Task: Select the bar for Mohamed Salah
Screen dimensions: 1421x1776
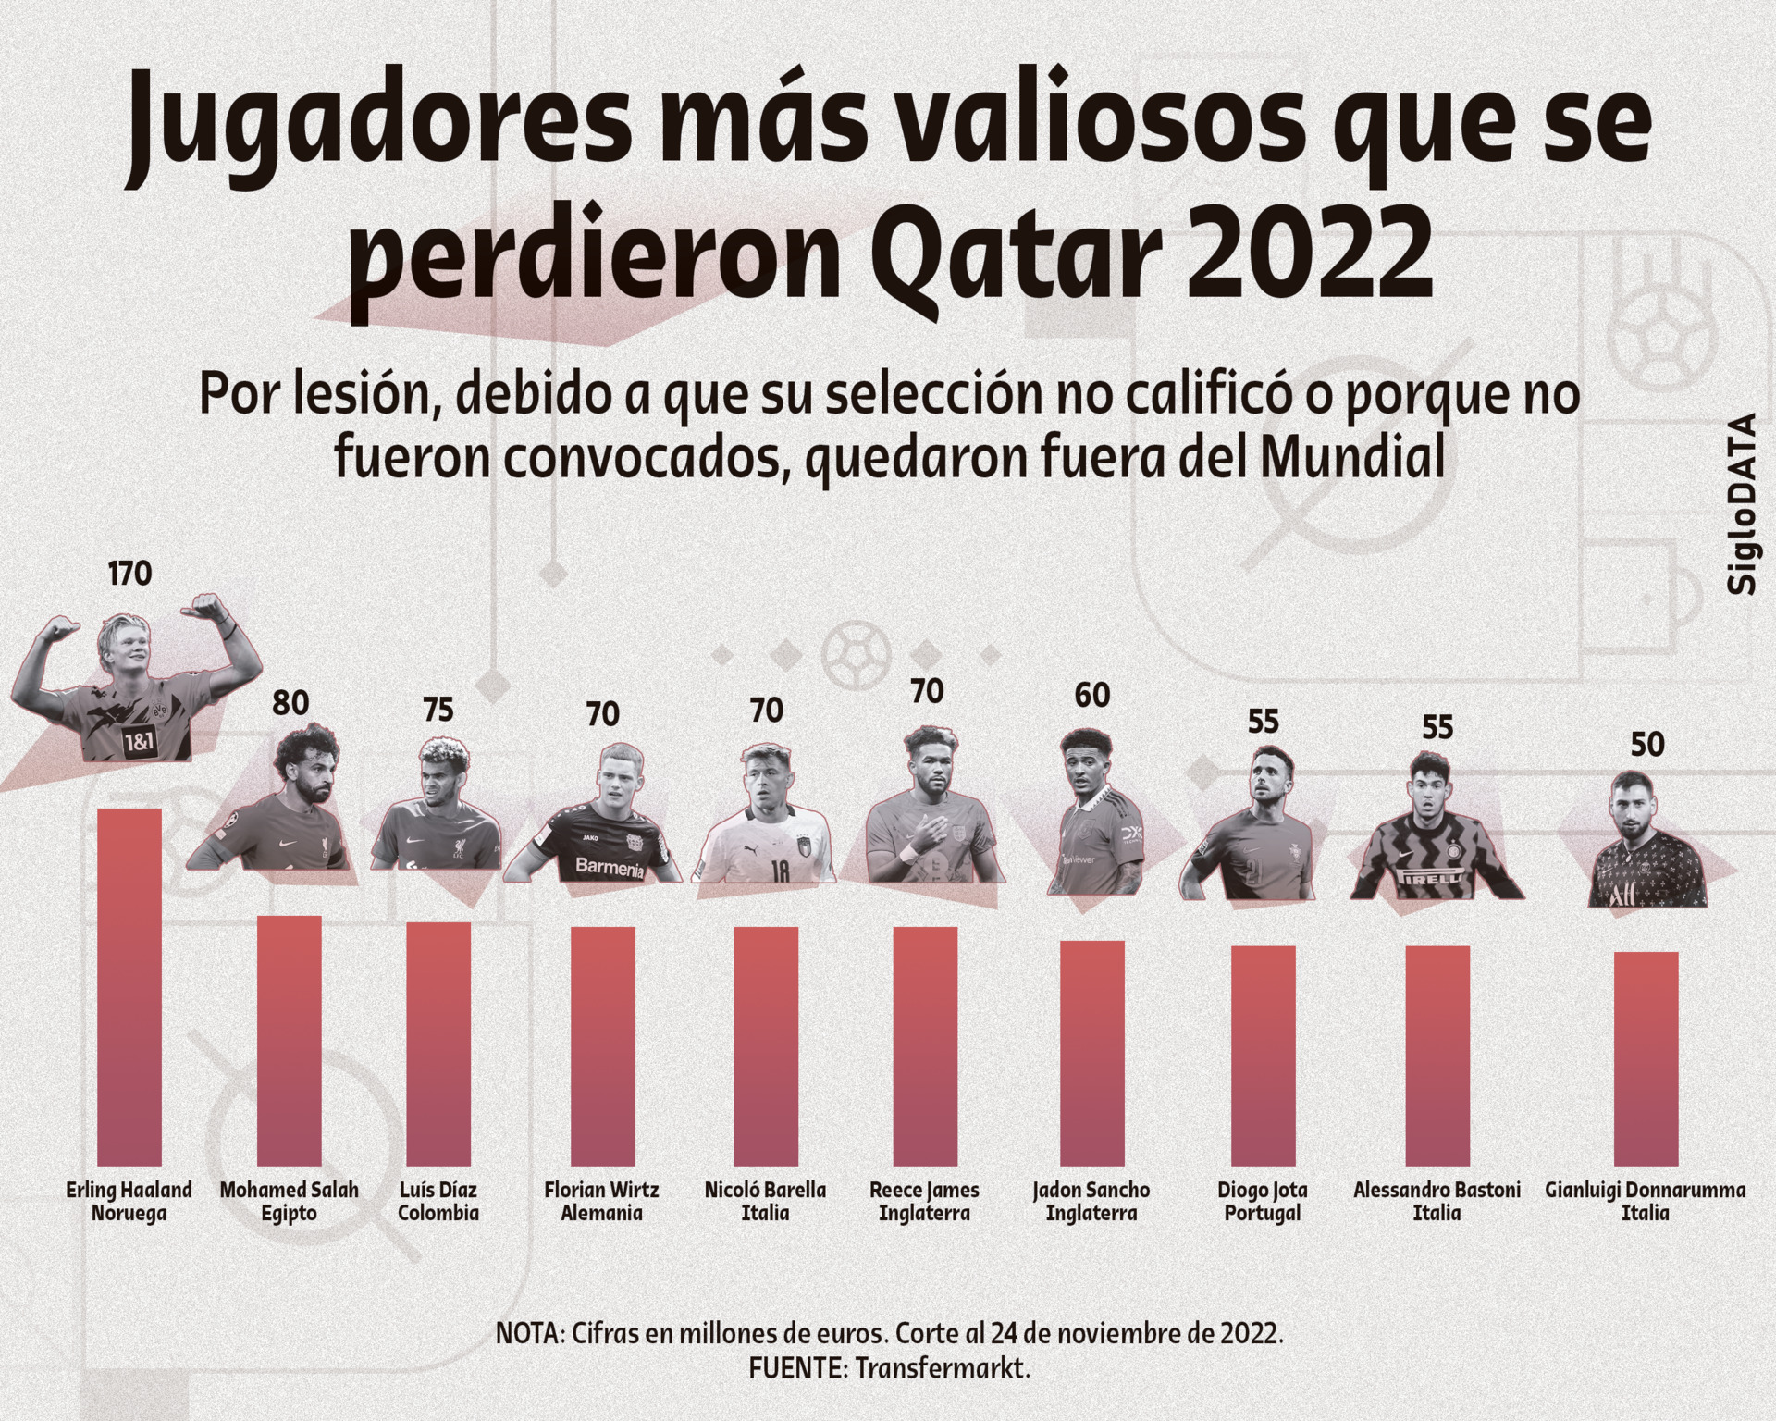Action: [x=289, y=1040]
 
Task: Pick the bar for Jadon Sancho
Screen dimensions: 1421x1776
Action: [x=1091, y=1052]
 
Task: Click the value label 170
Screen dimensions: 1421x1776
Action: [x=129, y=574]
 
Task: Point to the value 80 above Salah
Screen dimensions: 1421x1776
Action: [x=290, y=703]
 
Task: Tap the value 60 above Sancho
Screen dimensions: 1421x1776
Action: [x=1091, y=695]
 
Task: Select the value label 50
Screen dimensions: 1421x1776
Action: [x=1646, y=745]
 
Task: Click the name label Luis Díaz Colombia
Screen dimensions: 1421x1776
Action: [x=438, y=1201]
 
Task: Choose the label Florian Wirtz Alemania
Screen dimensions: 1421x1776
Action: [x=601, y=1201]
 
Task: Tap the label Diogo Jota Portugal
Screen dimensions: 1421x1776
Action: [x=1263, y=1201]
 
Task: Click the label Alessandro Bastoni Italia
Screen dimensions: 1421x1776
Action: [x=1437, y=1201]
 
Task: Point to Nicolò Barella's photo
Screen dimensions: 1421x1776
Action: [x=764, y=823]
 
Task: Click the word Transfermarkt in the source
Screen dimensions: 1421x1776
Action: [x=942, y=1368]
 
